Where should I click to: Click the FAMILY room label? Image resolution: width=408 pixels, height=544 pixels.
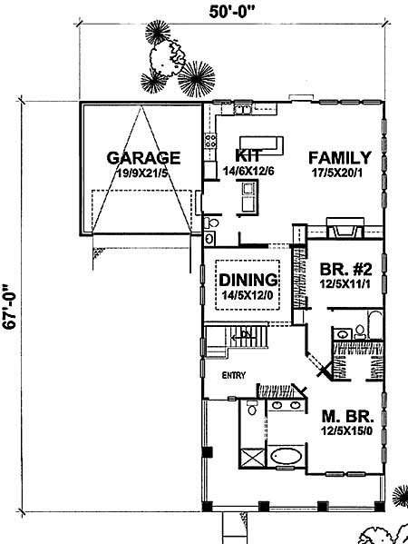pyautogui.click(x=339, y=155)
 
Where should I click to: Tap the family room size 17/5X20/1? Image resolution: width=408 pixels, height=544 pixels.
pyautogui.click(x=339, y=172)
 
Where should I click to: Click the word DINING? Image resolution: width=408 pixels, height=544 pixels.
pyautogui.click(x=240, y=277)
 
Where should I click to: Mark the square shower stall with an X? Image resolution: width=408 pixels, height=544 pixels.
pyautogui.click(x=253, y=456)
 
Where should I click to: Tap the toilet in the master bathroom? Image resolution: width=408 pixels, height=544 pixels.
pyautogui.click(x=250, y=408)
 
